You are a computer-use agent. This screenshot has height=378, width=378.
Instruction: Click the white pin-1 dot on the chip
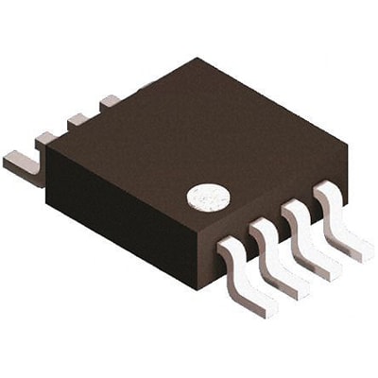208,197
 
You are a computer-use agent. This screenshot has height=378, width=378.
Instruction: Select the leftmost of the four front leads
248,274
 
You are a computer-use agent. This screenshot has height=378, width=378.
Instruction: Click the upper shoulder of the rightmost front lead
325,190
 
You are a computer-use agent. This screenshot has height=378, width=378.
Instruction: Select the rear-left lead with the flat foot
26,163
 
